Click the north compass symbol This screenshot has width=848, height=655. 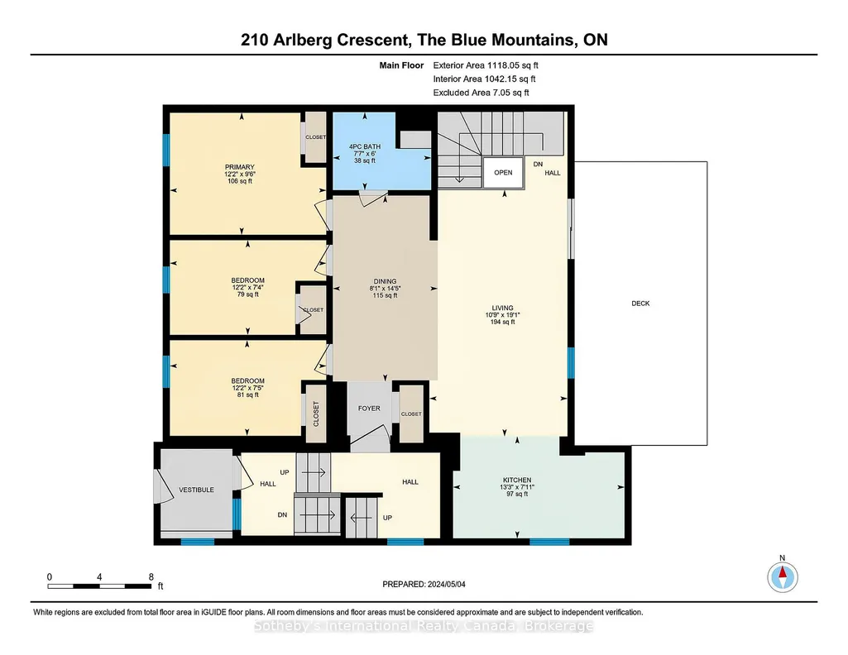(x=782, y=577)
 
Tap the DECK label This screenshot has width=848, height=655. (x=640, y=304)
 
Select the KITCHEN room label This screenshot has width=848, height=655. (x=517, y=480)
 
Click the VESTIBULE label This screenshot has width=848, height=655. (x=196, y=490)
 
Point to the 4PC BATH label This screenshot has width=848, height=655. (x=365, y=146)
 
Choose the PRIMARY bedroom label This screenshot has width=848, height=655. (x=240, y=167)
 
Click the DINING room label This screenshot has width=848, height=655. (x=385, y=281)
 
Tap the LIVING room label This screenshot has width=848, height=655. (x=502, y=308)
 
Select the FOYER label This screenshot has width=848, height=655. (x=369, y=409)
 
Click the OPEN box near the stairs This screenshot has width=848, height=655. (x=503, y=172)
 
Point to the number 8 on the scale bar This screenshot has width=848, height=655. (x=151, y=576)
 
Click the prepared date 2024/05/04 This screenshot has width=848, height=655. (x=446, y=584)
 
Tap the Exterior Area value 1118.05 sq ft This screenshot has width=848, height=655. (x=513, y=65)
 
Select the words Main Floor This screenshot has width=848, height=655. (x=401, y=65)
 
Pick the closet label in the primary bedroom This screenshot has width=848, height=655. (x=316, y=137)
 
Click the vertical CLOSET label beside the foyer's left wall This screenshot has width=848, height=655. (x=316, y=414)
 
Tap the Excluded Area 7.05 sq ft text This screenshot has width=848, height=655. (x=481, y=93)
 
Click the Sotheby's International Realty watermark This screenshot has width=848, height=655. (x=424, y=626)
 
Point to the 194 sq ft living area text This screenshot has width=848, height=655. (x=502, y=322)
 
